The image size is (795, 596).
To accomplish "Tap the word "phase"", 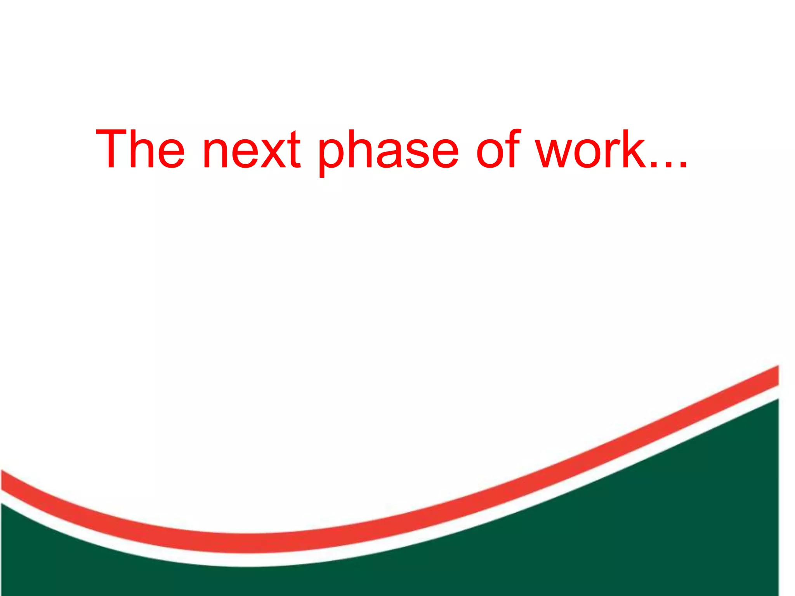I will pyautogui.click(x=389, y=151).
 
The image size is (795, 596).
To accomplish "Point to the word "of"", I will pyautogui.click(x=498, y=149).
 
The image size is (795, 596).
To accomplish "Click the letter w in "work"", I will pyautogui.click(x=555, y=154).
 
